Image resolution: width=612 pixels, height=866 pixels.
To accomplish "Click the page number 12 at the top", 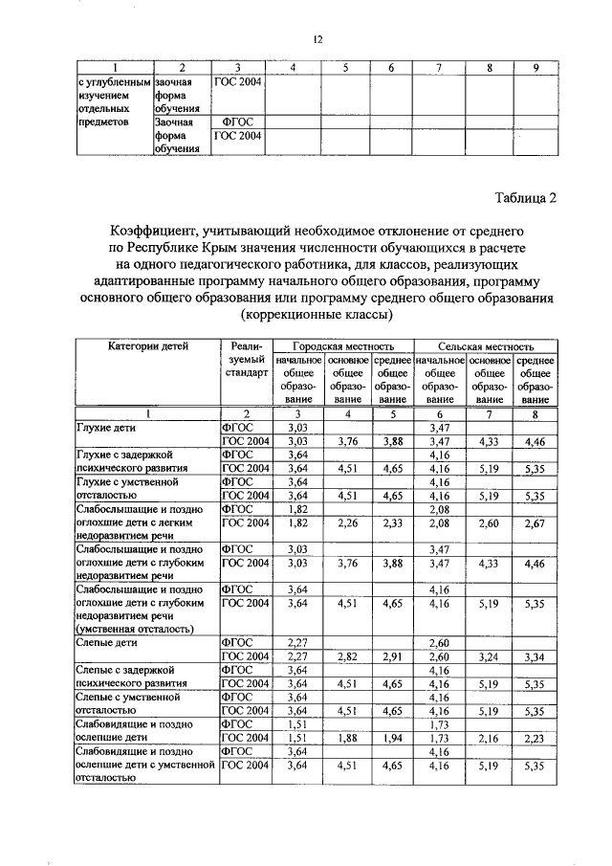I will point(317,39).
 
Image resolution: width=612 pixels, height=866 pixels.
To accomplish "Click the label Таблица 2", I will point(523,198).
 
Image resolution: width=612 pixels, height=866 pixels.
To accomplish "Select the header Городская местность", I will point(342,345).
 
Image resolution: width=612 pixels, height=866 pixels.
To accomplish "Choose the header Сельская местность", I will point(486,345).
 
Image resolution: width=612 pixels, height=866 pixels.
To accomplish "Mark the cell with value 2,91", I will point(391,658).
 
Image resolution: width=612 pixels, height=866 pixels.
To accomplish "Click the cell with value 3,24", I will point(490,658).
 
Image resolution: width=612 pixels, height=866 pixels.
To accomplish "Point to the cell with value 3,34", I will point(535,658).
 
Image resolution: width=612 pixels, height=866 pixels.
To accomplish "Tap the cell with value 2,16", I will point(490,740).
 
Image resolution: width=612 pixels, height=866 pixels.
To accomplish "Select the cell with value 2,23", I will point(535,740).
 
